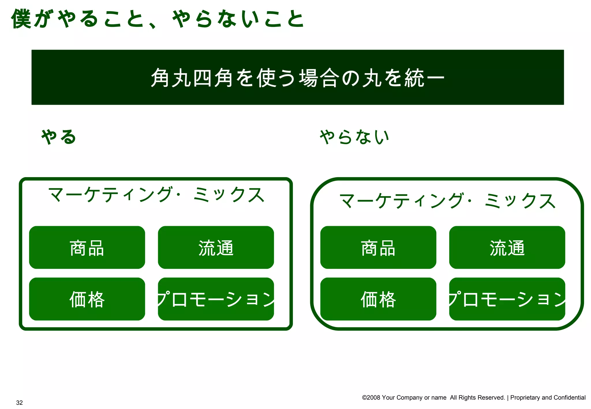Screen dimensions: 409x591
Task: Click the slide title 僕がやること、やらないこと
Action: (x=157, y=19)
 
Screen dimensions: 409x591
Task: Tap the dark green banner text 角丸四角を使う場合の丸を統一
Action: (x=297, y=78)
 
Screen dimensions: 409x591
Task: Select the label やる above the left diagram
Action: (x=59, y=137)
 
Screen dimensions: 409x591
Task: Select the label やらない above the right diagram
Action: (x=354, y=137)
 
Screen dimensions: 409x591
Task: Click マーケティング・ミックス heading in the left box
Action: (x=156, y=195)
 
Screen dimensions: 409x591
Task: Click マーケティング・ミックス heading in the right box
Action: (x=447, y=201)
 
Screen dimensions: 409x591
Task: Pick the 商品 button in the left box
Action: (x=87, y=247)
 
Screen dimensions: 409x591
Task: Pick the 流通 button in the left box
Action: (x=216, y=247)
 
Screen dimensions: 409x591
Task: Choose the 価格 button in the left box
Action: (x=87, y=299)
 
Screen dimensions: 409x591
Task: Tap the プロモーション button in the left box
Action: (x=216, y=299)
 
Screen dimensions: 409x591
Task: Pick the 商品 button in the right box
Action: (x=378, y=247)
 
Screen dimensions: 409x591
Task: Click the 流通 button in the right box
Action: (x=507, y=247)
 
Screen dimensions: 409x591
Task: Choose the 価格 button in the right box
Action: (x=378, y=299)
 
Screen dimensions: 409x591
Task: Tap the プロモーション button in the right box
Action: (x=507, y=299)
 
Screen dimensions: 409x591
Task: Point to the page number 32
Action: (x=19, y=403)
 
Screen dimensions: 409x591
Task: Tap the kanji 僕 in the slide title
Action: (x=21, y=19)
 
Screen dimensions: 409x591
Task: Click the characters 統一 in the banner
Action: (x=424, y=78)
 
